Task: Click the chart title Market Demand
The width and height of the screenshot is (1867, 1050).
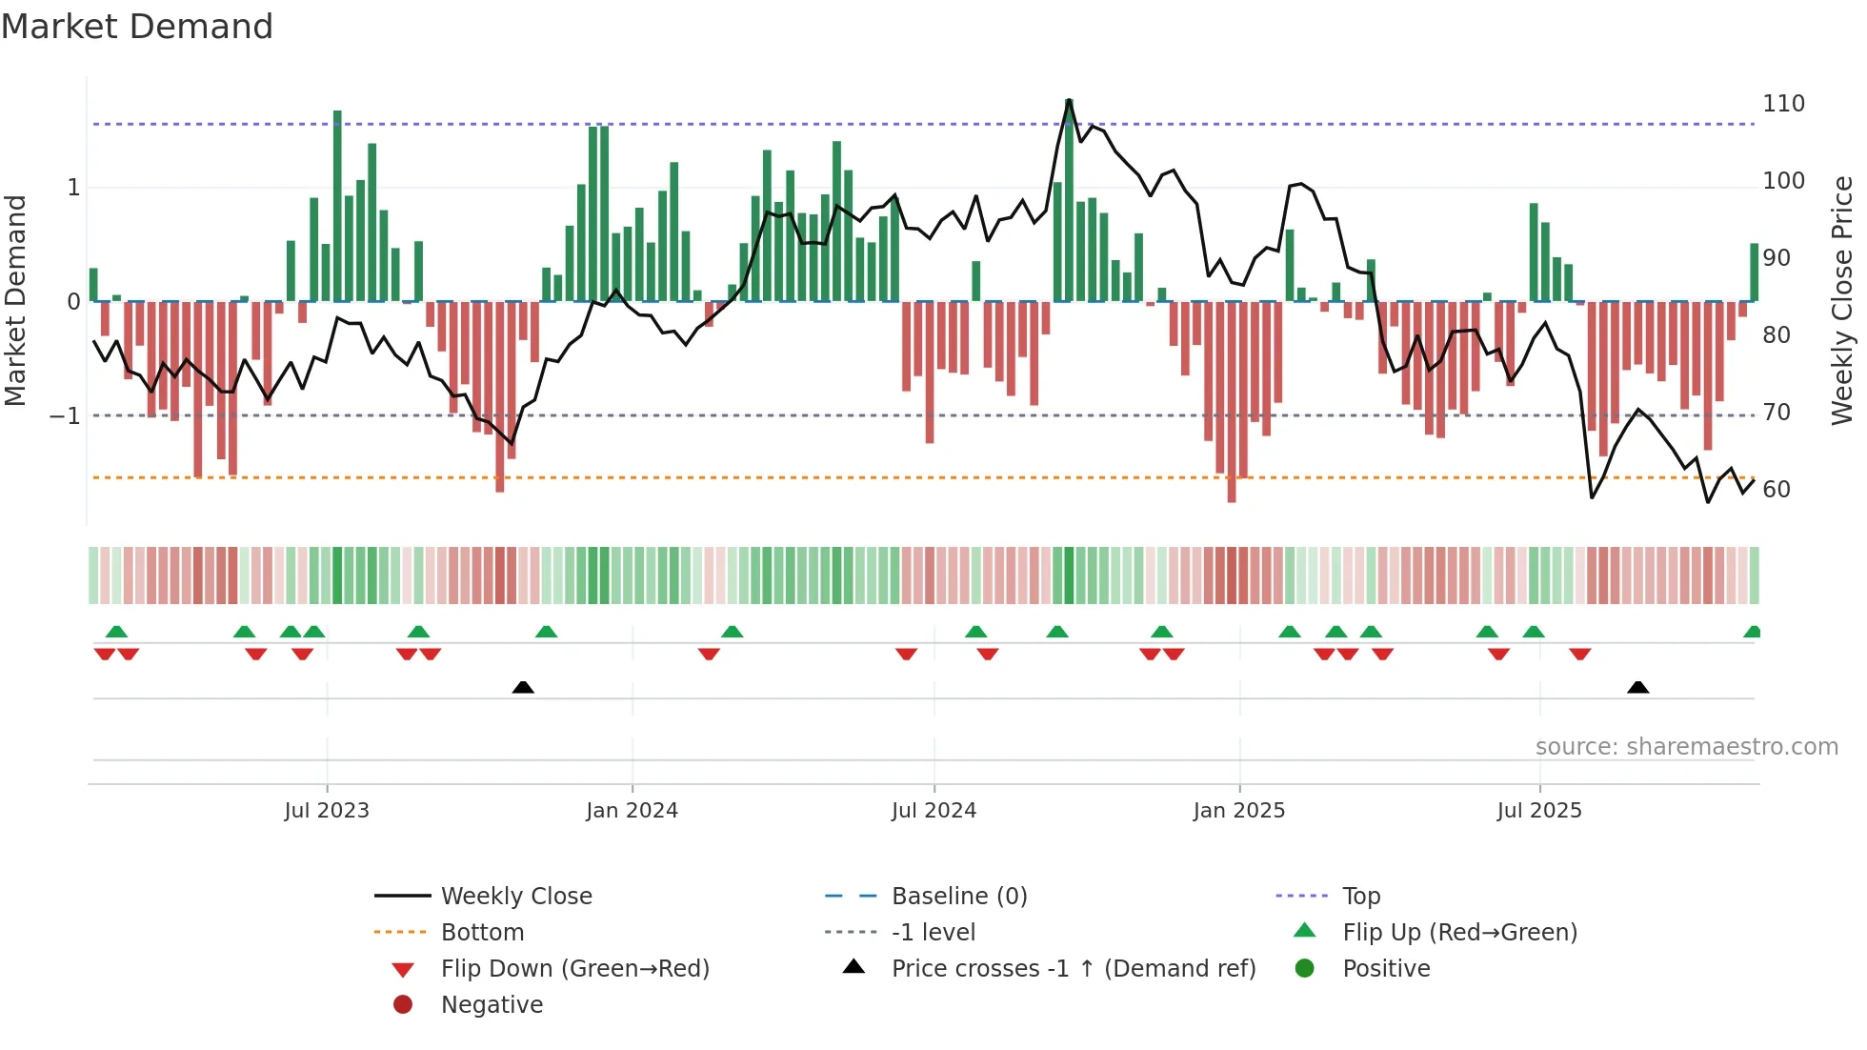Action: tap(137, 27)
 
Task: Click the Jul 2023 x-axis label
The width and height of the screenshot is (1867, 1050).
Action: tap(327, 811)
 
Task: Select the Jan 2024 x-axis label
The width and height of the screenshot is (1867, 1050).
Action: tap(632, 811)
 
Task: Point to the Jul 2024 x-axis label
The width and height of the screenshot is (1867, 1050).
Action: tap(933, 811)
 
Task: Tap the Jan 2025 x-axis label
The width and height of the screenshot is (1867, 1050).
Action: tap(1238, 811)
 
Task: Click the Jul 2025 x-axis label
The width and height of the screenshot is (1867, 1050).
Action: tap(1538, 811)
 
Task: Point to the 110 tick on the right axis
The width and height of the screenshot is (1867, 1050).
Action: tap(1783, 104)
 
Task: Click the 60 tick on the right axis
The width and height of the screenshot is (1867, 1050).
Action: tap(1777, 490)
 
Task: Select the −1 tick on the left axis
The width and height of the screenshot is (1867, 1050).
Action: tap(65, 416)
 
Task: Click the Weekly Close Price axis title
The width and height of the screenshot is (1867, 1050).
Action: tap(1842, 300)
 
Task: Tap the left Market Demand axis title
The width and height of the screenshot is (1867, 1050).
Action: tap(16, 300)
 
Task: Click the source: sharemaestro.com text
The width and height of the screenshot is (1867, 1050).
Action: tap(1686, 747)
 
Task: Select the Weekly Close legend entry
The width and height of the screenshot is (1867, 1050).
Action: tap(515, 897)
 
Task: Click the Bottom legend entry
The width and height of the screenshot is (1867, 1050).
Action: tap(482, 933)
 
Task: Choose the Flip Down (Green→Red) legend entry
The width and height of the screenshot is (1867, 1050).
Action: tap(574, 969)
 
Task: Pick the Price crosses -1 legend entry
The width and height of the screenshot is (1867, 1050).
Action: tap(1073, 969)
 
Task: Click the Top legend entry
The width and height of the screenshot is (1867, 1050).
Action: tap(1360, 897)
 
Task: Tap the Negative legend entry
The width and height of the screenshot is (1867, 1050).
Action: tap(492, 1005)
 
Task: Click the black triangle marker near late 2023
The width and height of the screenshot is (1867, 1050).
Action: tap(523, 687)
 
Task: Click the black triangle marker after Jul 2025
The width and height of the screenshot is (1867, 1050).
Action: tap(1637, 687)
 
